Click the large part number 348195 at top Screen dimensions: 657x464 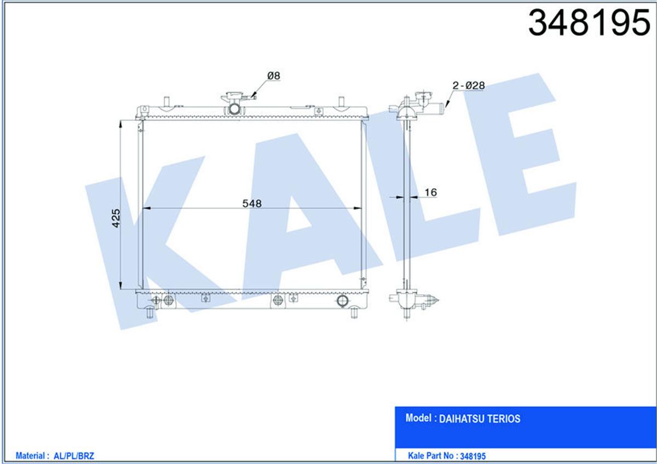click(589, 22)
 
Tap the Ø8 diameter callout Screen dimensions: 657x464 click(274, 76)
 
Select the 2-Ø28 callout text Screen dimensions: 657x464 click(469, 85)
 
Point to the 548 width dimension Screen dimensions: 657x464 click(252, 204)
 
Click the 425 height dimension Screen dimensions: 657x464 click(116, 218)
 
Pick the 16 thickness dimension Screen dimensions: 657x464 click(430, 193)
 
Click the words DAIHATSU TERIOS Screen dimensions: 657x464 click(480, 419)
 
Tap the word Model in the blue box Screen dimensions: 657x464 click(418, 418)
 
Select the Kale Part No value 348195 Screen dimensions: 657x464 click(473, 456)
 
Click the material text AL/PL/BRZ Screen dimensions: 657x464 click(74, 456)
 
